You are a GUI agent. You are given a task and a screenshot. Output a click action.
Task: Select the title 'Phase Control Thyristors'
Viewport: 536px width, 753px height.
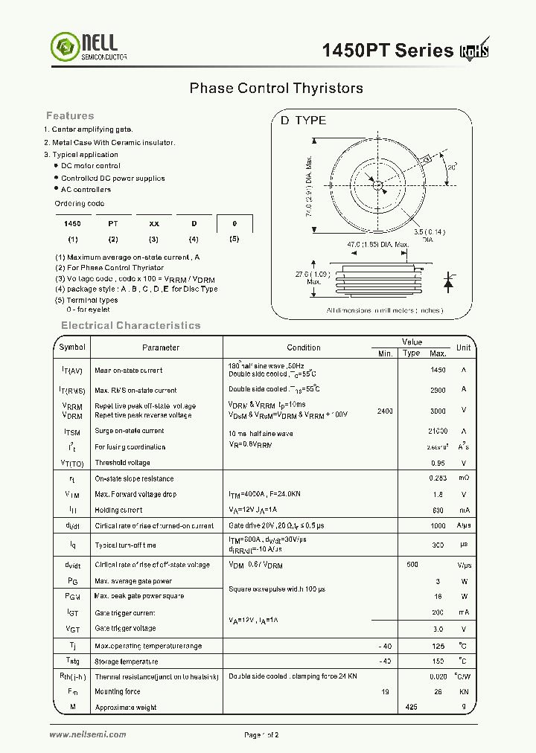[x=276, y=88]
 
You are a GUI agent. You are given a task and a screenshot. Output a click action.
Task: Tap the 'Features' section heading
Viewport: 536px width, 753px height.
[x=70, y=115]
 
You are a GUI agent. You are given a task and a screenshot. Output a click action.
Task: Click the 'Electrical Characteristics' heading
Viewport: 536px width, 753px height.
[x=130, y=325]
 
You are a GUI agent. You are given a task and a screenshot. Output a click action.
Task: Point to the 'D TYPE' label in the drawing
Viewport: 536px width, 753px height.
[x=303, y=121]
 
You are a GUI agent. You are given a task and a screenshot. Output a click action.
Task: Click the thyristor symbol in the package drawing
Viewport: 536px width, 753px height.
[x=448, y=282]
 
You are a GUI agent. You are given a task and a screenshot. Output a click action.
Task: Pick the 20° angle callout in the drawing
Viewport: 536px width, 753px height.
[x=452, y=167]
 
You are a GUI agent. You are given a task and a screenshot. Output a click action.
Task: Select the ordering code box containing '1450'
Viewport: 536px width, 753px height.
[x=72, y=223]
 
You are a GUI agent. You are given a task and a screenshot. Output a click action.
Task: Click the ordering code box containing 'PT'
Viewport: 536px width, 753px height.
[x=113, y=223]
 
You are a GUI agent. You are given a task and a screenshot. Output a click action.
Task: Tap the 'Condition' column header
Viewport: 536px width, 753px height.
[x=304, y=347]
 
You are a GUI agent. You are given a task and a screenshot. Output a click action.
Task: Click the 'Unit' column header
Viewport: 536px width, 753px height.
[x=463, y=347]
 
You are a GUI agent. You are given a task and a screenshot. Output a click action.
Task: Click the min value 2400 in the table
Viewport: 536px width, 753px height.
[x=385, y=411]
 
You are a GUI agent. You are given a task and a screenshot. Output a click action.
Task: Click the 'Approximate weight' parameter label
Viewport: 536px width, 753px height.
[x=126, y=708]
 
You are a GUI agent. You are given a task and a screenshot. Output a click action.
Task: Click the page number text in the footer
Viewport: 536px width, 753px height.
[x=261, y=735]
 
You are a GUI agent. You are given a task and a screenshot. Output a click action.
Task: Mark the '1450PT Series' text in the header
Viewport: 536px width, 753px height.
[x=387, y=51]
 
